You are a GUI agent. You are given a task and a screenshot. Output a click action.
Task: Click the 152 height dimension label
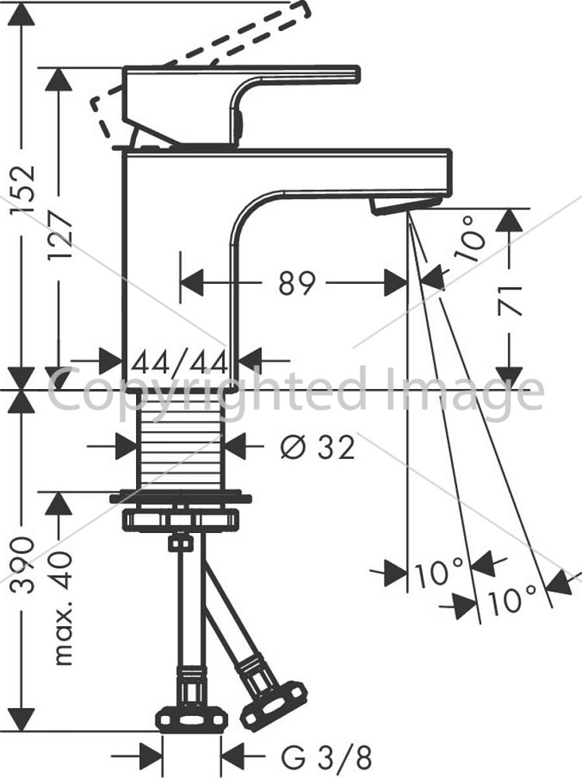(24, 189)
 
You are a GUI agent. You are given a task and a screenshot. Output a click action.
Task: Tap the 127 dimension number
(61, 235)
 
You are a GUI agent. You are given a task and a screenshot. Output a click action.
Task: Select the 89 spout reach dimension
(297, 283)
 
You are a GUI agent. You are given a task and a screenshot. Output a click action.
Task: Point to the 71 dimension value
(510, 301)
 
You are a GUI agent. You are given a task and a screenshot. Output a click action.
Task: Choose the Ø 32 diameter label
(318, 447)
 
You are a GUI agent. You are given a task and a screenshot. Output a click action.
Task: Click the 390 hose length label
(24, 565)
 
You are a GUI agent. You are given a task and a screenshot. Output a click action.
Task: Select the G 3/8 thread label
(326, 758)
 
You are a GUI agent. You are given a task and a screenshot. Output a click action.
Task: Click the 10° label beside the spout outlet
(469, 239)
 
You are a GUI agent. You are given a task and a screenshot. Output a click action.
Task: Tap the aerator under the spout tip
(405, 205)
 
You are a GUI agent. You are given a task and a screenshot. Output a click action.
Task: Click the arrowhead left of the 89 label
(192, 283)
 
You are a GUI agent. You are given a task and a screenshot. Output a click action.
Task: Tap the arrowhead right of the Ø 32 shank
(235, 447)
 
